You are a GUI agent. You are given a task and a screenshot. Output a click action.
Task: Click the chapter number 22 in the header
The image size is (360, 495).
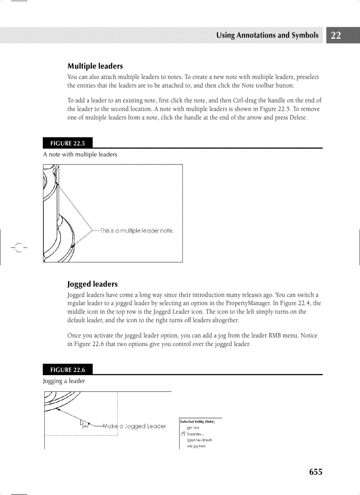click(336, 36)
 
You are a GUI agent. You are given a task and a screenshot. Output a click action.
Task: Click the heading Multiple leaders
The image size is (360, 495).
click(95, 66)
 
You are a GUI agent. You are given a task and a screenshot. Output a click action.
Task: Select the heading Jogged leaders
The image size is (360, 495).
click(92, 284)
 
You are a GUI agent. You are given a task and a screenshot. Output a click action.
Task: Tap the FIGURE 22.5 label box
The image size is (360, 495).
click(67, 143)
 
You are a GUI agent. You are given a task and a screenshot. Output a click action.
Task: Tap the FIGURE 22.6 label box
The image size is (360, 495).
click(67, 370)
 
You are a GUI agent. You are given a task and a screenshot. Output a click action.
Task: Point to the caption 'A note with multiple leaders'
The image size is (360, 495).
click(80, 154)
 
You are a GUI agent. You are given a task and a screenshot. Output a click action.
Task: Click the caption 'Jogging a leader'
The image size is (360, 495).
click(64, 381)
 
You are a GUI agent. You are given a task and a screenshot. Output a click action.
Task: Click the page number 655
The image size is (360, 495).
click(315, 472)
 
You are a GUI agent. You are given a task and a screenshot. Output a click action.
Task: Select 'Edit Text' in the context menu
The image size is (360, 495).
click(193, 428)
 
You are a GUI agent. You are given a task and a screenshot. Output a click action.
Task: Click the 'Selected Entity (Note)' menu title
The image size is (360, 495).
click(197, 421)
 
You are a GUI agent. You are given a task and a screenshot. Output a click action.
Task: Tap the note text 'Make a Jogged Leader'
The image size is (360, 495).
click(135, 426)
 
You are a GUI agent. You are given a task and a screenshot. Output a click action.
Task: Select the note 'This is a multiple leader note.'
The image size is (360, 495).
click(137, 231)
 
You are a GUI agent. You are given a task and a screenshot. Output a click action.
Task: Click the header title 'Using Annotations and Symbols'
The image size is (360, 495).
click(267, 36)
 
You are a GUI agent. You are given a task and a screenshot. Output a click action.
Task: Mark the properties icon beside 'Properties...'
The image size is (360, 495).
click(183, 434)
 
